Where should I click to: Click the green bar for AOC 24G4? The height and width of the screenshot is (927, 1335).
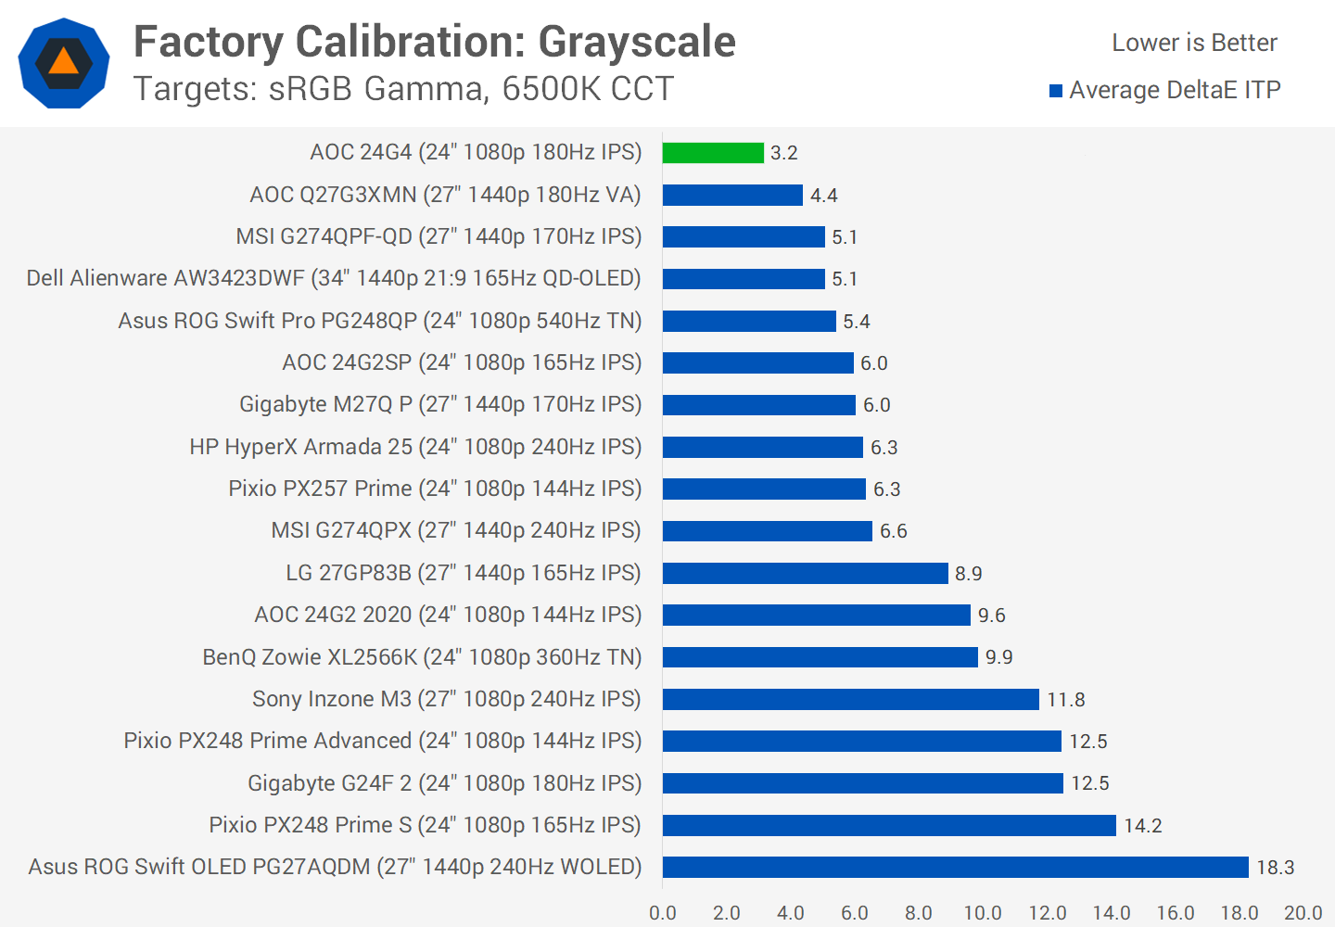coord(713,153)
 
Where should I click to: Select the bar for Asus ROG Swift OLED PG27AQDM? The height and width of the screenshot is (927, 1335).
coord(955,867)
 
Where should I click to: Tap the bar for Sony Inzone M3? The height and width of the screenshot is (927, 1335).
coord(850,699)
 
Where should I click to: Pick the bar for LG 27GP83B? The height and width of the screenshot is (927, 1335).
coord(805,573)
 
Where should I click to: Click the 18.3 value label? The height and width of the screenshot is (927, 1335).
coord(1275,868)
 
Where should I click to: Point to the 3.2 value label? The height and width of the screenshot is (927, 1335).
coord(783,153)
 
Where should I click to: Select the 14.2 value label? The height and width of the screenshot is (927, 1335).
coord(1142,826)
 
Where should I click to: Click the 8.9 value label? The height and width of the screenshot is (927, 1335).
coord(968,574)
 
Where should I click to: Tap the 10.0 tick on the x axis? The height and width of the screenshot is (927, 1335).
coord(982,913)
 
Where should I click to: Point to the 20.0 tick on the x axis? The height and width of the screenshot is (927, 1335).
coord(1303,913)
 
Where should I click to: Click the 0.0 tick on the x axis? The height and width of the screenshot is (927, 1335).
coord(663,913)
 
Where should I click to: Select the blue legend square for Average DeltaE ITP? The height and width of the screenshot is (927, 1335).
coord(1055,91)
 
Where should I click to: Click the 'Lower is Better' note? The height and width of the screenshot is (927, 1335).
coord(1194,43)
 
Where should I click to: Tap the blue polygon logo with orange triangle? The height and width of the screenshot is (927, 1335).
coord(64,63)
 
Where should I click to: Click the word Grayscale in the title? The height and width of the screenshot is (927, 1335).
coord(637,42)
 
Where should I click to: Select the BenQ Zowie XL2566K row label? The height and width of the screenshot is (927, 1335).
coord(422,657)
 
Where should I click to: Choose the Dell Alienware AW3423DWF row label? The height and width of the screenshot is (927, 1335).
coord(334,278)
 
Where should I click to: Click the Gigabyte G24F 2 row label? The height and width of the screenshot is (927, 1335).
coord(444,783)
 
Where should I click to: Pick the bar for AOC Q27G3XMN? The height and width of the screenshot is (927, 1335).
coord(732,195)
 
